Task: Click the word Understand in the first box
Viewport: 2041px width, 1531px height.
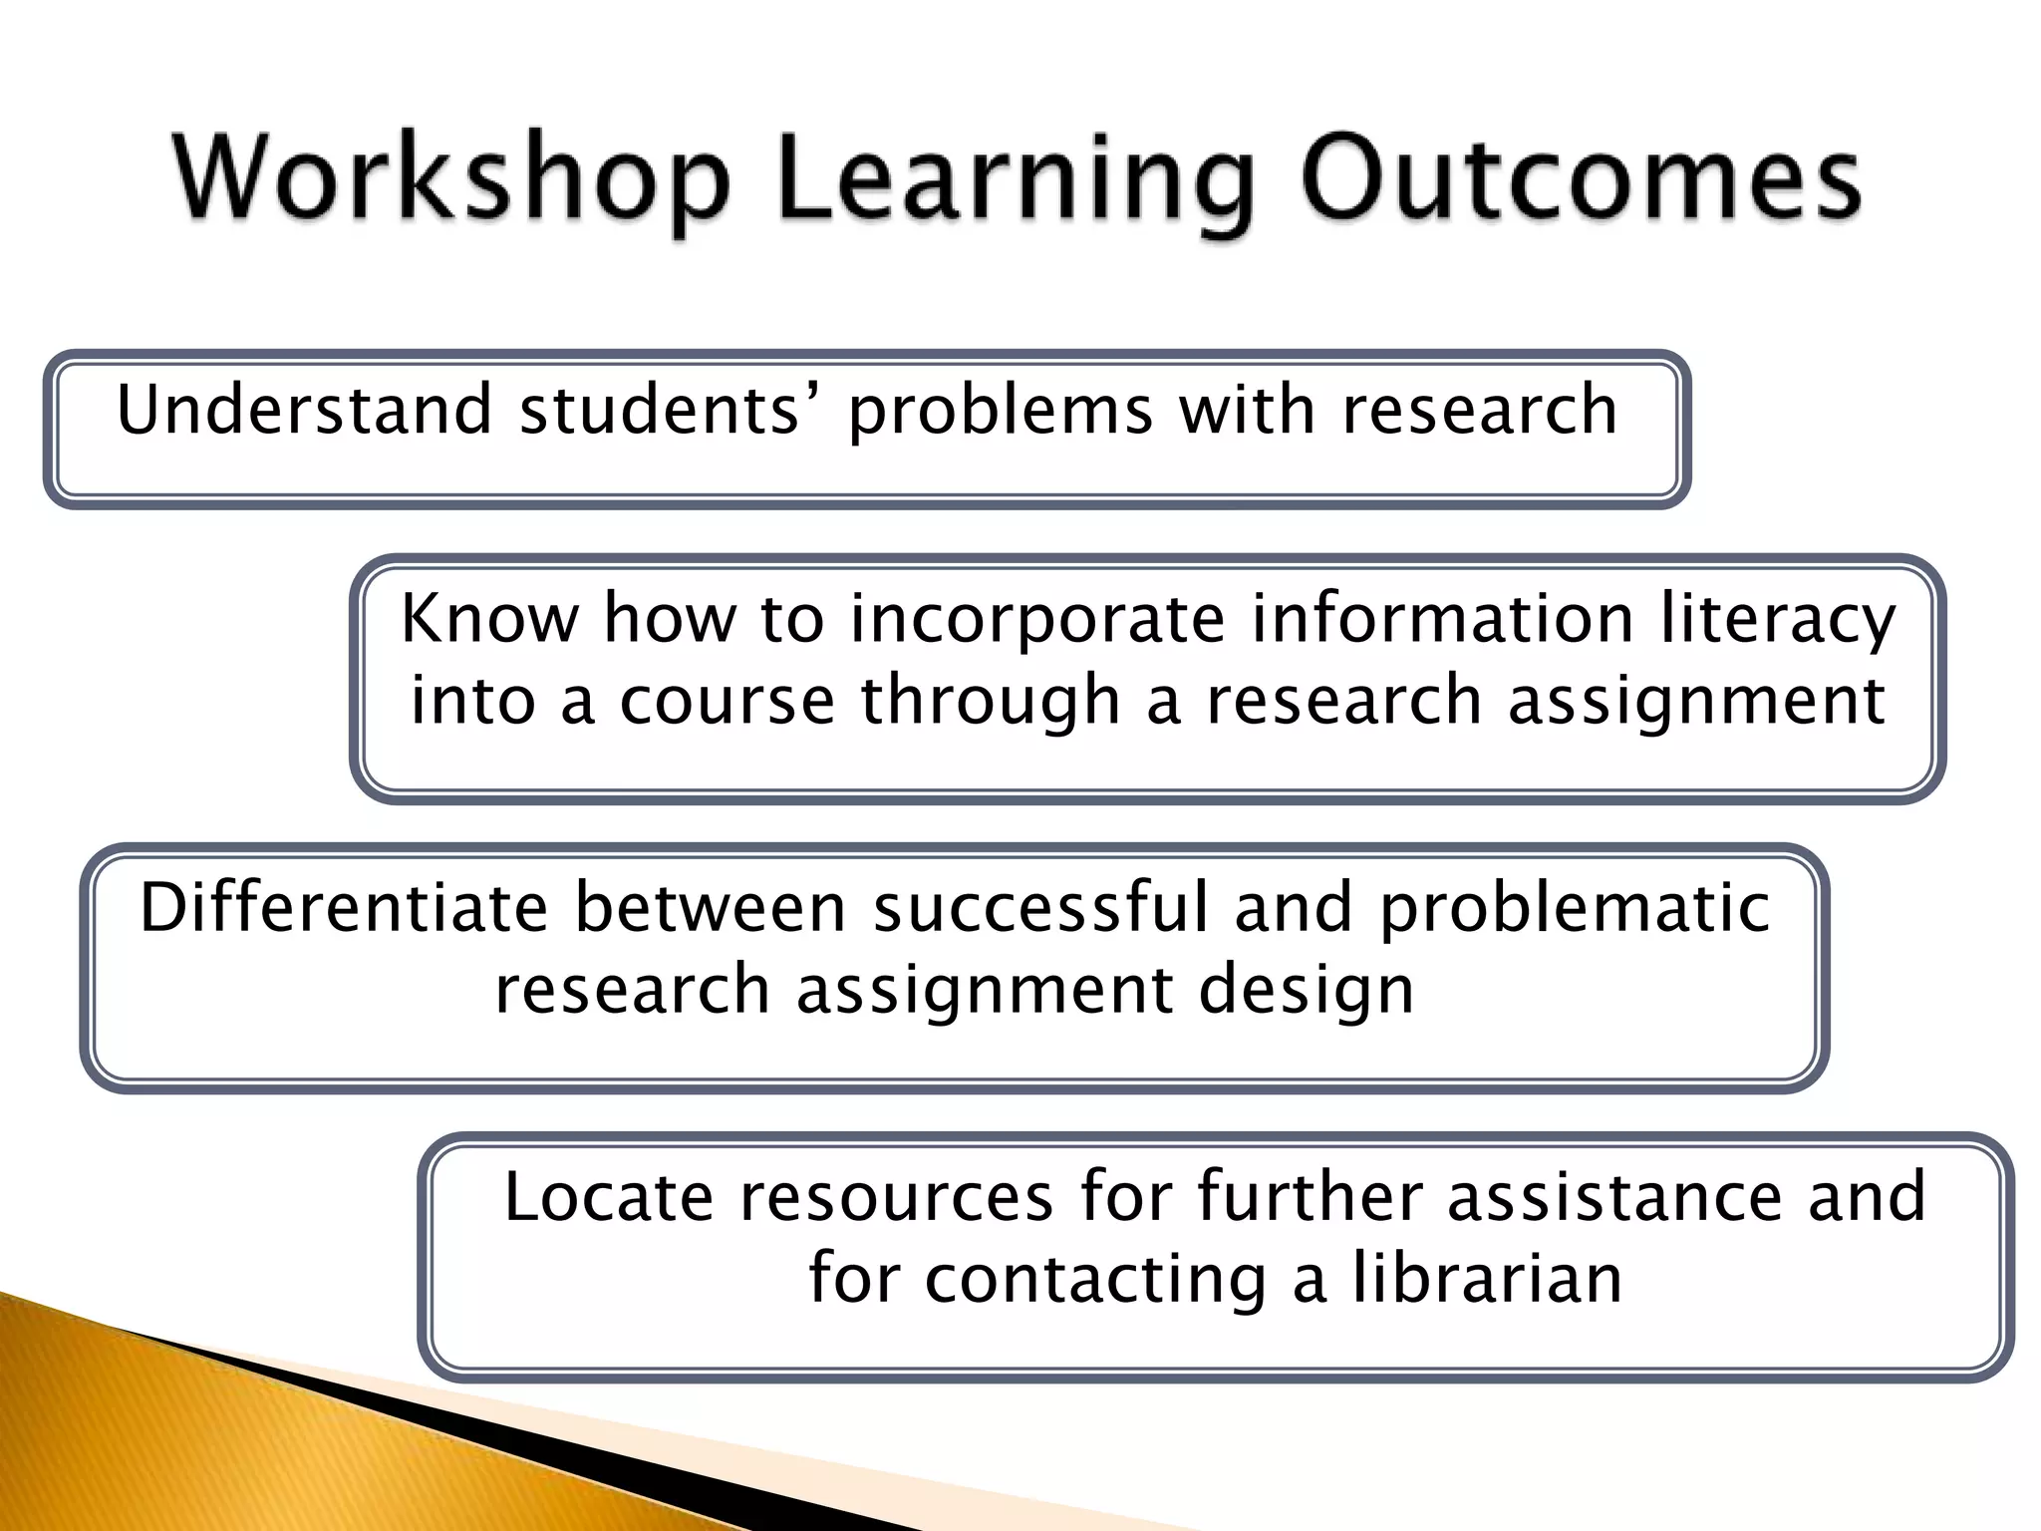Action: (305, 410)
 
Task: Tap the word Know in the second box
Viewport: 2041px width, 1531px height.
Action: (488, 618)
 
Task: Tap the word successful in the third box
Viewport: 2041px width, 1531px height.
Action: (1040, 908)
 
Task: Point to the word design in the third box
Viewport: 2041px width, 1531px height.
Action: (1306, 993)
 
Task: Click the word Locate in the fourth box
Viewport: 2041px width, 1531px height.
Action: (609, 1196)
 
